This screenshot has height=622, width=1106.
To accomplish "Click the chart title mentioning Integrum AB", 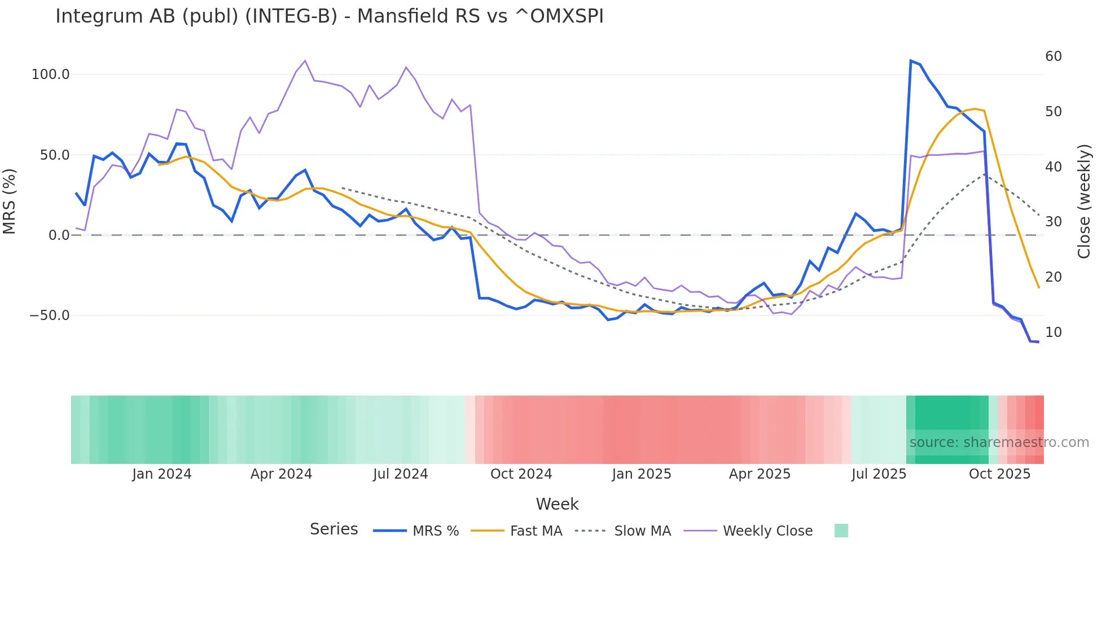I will point(330,16).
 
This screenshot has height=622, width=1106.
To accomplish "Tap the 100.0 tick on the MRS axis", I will point(51,75).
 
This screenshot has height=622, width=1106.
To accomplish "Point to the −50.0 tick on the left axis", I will point(50,316).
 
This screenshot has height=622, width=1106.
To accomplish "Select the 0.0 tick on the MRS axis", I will point(59,235).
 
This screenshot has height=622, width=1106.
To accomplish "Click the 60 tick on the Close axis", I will point(1053,56).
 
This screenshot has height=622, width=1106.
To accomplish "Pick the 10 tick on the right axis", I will point(1053,332).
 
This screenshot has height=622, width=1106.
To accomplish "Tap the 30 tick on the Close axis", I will point(1053,222).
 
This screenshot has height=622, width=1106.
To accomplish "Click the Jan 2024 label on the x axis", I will point(162,474).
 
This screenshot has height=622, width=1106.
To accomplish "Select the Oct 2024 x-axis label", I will point(521,474).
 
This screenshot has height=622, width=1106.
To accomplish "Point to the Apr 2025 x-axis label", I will point(760,474).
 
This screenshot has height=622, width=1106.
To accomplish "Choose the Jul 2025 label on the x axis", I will point(879,474).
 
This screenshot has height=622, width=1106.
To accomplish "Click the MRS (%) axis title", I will point(10,201).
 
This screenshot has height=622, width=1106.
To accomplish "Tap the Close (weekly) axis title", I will point(1083,202).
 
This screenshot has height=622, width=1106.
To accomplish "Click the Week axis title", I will point(557,504).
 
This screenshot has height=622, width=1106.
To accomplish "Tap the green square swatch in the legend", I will point(841,531).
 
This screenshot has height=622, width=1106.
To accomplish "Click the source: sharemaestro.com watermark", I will point(999,443).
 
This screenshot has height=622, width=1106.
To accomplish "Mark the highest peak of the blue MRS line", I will point(911,60).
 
